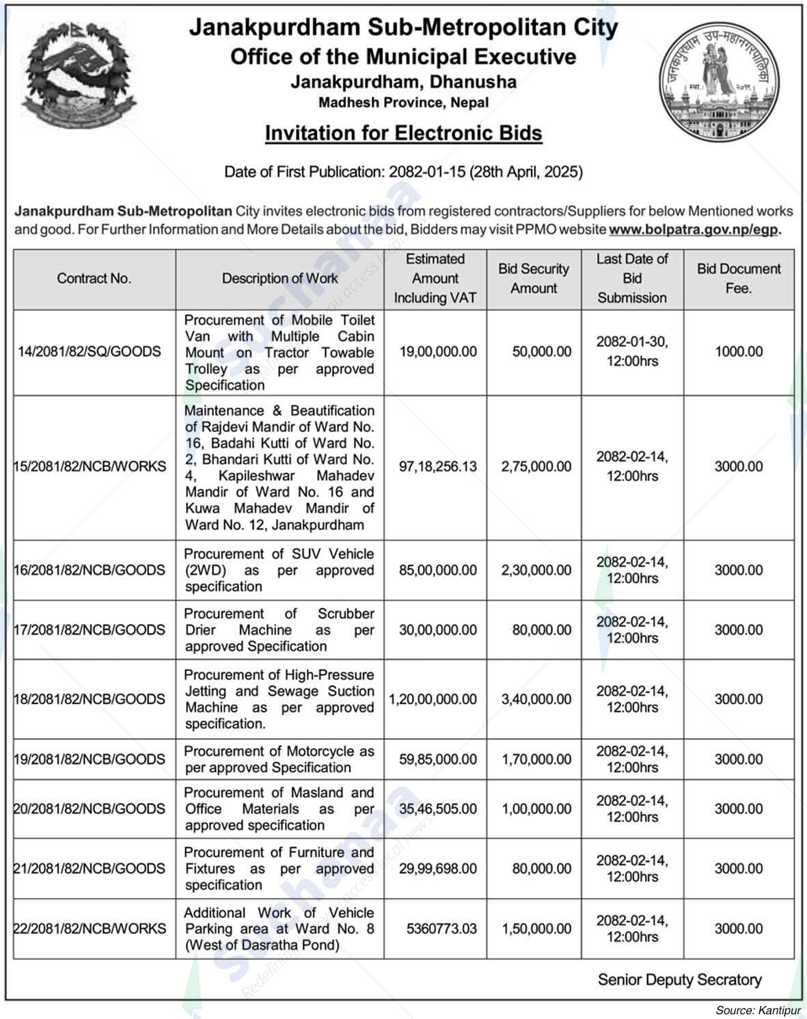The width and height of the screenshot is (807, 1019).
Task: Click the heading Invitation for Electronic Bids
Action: (403, 133)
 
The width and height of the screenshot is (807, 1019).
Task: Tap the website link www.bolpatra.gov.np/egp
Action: (694, 230)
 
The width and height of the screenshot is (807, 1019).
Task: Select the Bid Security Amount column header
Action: (533, 278)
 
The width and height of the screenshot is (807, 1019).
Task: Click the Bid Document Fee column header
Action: (738, 278)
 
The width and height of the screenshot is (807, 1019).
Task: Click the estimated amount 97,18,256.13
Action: (437, 467)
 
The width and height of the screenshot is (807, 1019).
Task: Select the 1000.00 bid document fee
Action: (738, 352)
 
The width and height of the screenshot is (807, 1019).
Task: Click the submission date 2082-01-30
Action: (632, 342)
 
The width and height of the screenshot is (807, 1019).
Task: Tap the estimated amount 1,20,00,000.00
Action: (433, 699)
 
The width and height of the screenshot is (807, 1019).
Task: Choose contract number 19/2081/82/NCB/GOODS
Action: (90, 759)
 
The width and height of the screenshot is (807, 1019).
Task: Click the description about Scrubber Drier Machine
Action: (279, 629)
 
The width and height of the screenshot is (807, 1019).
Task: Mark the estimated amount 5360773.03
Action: (441, 929)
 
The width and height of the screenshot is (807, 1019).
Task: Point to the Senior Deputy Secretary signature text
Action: (679, 979)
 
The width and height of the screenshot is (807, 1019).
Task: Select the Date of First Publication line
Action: (403, 172)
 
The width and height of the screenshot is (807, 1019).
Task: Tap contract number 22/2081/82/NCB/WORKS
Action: (90, 929)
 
